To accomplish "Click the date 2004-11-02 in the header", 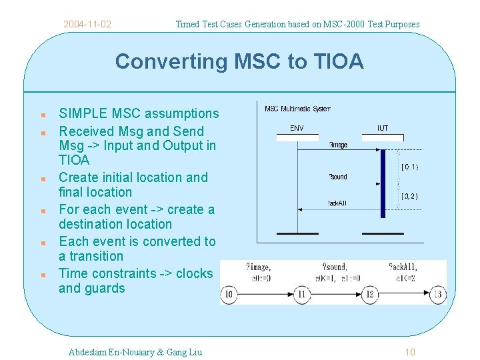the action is (87, 25).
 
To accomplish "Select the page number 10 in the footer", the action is (410, 352).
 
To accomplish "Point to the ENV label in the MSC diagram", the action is (297, 128).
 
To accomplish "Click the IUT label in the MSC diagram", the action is (383, 128).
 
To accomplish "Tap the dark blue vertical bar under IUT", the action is (383, 183).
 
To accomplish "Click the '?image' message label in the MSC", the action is (339, 145).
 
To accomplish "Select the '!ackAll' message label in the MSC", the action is (337, 203).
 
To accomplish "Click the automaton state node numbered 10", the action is (229, 294).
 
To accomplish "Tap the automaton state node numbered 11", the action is (301, 294).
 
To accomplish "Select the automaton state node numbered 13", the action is (437, 294).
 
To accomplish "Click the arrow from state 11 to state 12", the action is (335, 294).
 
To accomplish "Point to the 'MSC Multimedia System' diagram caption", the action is (297, 109).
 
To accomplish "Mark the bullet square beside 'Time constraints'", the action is (41, 275).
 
